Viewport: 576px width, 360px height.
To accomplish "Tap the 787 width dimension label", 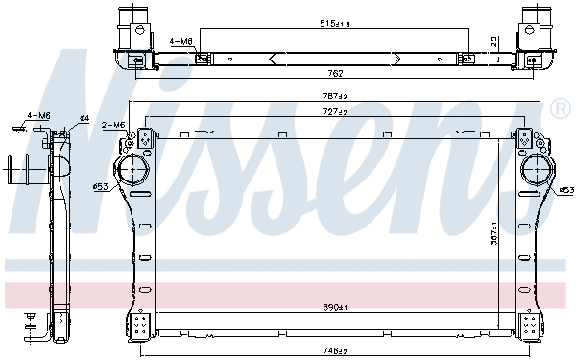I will [x=334, y=96].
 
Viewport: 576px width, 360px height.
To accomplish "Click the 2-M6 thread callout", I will [x=112, y=125].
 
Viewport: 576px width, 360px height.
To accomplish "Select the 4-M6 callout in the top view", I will [x=180, y=42].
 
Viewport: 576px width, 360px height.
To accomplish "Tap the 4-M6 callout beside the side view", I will [x=38, y=115].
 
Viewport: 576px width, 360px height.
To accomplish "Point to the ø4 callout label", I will [x=84, y=118].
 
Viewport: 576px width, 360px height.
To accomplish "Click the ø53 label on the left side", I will [x=99, y=186].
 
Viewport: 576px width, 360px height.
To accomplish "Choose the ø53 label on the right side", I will [x=566, y=189].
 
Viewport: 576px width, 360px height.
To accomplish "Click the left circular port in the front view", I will [x=133, y=174].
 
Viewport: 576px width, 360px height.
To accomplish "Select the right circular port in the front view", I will [x=534, y=174].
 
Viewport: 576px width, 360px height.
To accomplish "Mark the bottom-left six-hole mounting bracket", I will [x=141, y=324].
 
